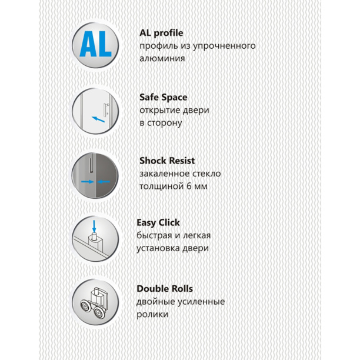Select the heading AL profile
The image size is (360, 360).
[161, 33]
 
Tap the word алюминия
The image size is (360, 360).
[162, 59]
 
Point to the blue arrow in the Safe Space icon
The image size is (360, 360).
[98, 120]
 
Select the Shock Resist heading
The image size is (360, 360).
[167, 161]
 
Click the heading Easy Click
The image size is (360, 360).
[158, 223]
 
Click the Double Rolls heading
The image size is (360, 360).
[165, 289]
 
